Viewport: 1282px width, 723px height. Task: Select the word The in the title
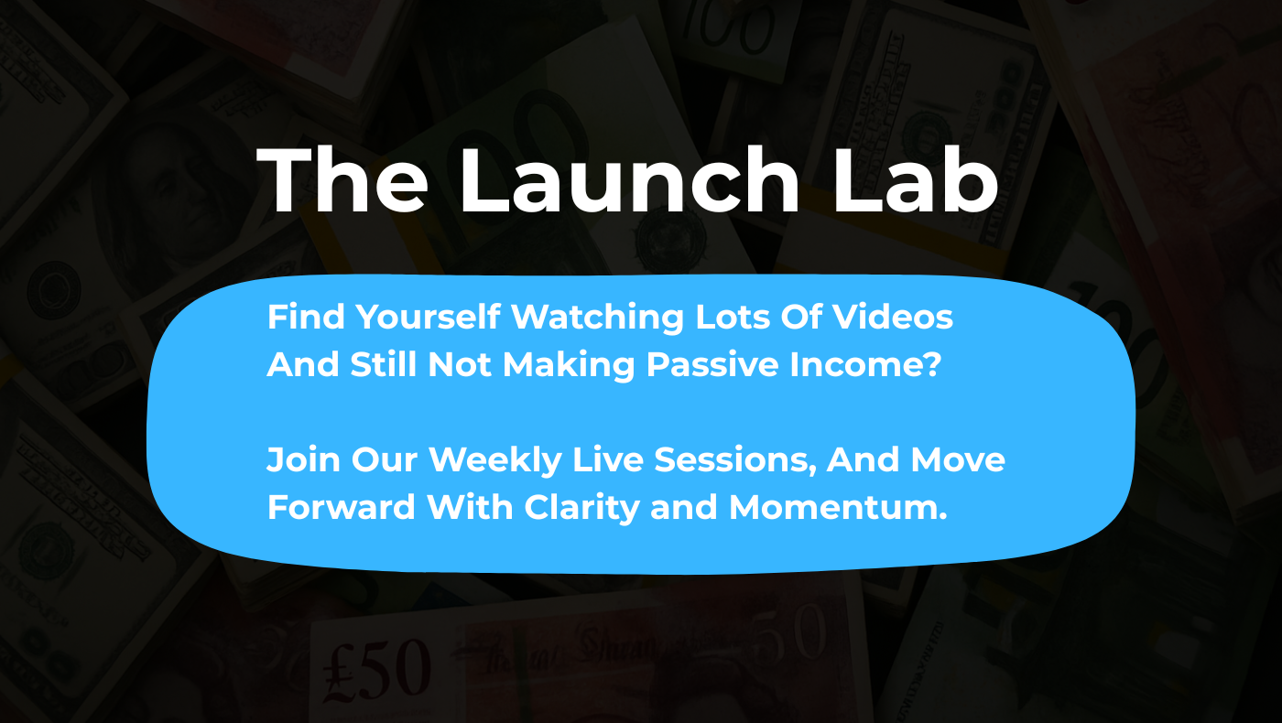[342, 179]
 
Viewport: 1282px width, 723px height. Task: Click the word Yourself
[429, 317]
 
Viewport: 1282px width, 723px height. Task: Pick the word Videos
[892, 317]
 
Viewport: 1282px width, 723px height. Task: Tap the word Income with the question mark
[865, 364]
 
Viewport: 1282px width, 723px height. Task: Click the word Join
[303, 459]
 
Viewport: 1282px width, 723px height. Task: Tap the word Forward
[341, 507]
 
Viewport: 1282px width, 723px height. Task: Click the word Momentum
[838, 507]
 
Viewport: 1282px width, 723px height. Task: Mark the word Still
[383, 364]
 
